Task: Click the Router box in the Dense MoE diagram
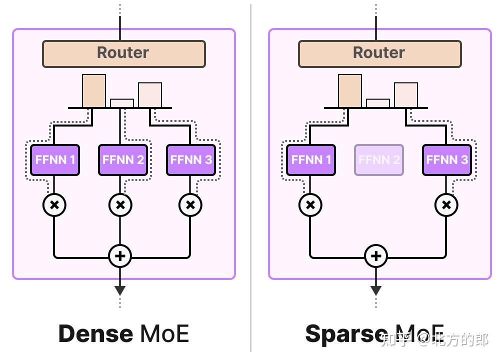coord(123,53)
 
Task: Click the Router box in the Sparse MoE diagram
coord(379,53)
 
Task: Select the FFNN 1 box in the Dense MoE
coord(55,160)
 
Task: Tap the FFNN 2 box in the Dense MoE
coord(123,160)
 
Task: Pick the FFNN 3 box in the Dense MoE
coord(191,160)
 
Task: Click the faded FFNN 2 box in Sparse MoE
coord(379,160)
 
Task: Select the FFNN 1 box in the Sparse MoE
coord(311,160)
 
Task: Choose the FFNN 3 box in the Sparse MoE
coord(447,160)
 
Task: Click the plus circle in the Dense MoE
coord(120,256)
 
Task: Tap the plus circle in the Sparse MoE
coord(376,256)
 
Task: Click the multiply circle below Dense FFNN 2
coord(120,205)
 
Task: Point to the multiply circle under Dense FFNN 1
coord(54,205)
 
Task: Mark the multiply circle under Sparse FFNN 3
coord(446,205)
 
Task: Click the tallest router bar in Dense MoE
coord(94,91)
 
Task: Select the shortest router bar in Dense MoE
coord(122,103)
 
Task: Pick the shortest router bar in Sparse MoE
coord(378,103)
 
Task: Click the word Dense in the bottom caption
coord(95,333)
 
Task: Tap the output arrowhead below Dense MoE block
coord(120,290)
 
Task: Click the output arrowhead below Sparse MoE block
coord(376,290)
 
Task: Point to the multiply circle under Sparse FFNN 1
coord(310,205)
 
